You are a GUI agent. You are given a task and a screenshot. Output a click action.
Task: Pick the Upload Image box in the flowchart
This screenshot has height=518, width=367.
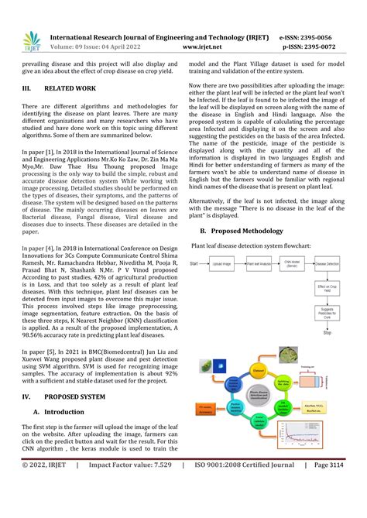(x=221, y=264)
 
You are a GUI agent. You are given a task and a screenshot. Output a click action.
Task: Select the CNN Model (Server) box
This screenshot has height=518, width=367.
(x=293, y=264)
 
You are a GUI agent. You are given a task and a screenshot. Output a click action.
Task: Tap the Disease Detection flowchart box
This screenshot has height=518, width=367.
(x=328, y=264)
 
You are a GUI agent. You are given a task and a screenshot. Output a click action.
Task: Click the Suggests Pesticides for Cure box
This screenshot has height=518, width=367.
(x=328, y=313)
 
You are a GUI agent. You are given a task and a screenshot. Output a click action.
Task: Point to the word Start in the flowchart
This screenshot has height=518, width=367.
(x=194, y=264)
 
